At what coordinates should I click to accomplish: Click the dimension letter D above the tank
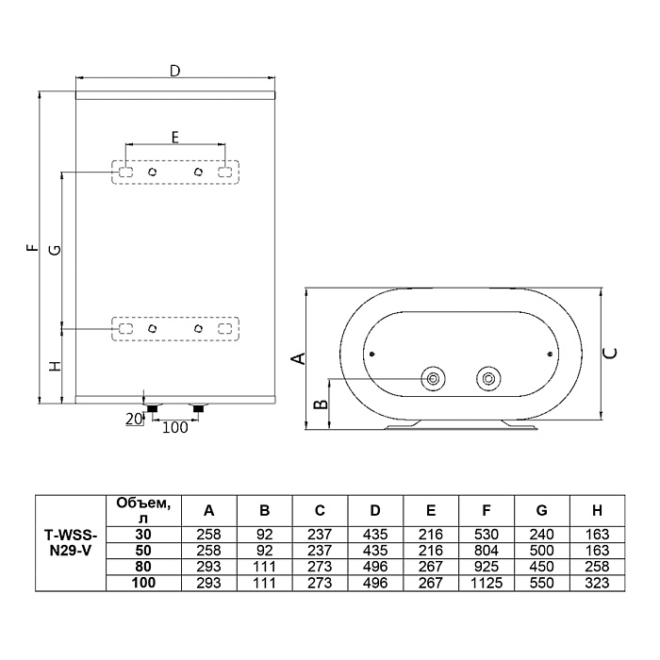click(174, 71)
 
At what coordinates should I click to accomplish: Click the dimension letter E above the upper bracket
click(175, 138)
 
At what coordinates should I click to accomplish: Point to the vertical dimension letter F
click(32, 247)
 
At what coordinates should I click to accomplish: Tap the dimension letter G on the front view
click(55, 250)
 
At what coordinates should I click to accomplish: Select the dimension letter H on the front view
click(55, 366)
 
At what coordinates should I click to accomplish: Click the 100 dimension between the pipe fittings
click(174, 428)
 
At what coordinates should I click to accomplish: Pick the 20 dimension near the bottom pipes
click(134, 419)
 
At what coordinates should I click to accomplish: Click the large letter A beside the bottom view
click(299, 358)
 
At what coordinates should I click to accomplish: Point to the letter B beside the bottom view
click(322, 404)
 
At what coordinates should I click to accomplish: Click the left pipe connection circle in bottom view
click(433, 379)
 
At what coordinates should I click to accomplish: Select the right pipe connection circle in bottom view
click(488, 379)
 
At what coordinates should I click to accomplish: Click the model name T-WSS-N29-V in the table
click(71, 543)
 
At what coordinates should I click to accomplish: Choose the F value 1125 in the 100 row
click(487, 583)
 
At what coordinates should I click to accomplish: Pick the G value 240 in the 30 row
click(541, 535)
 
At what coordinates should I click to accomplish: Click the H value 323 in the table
click(597, 583)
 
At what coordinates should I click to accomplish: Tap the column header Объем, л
click(143, 511)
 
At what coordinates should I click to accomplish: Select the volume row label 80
click(143, 567)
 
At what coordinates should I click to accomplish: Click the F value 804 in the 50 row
click(487, 551)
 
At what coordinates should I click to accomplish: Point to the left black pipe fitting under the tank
click(153, 408)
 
